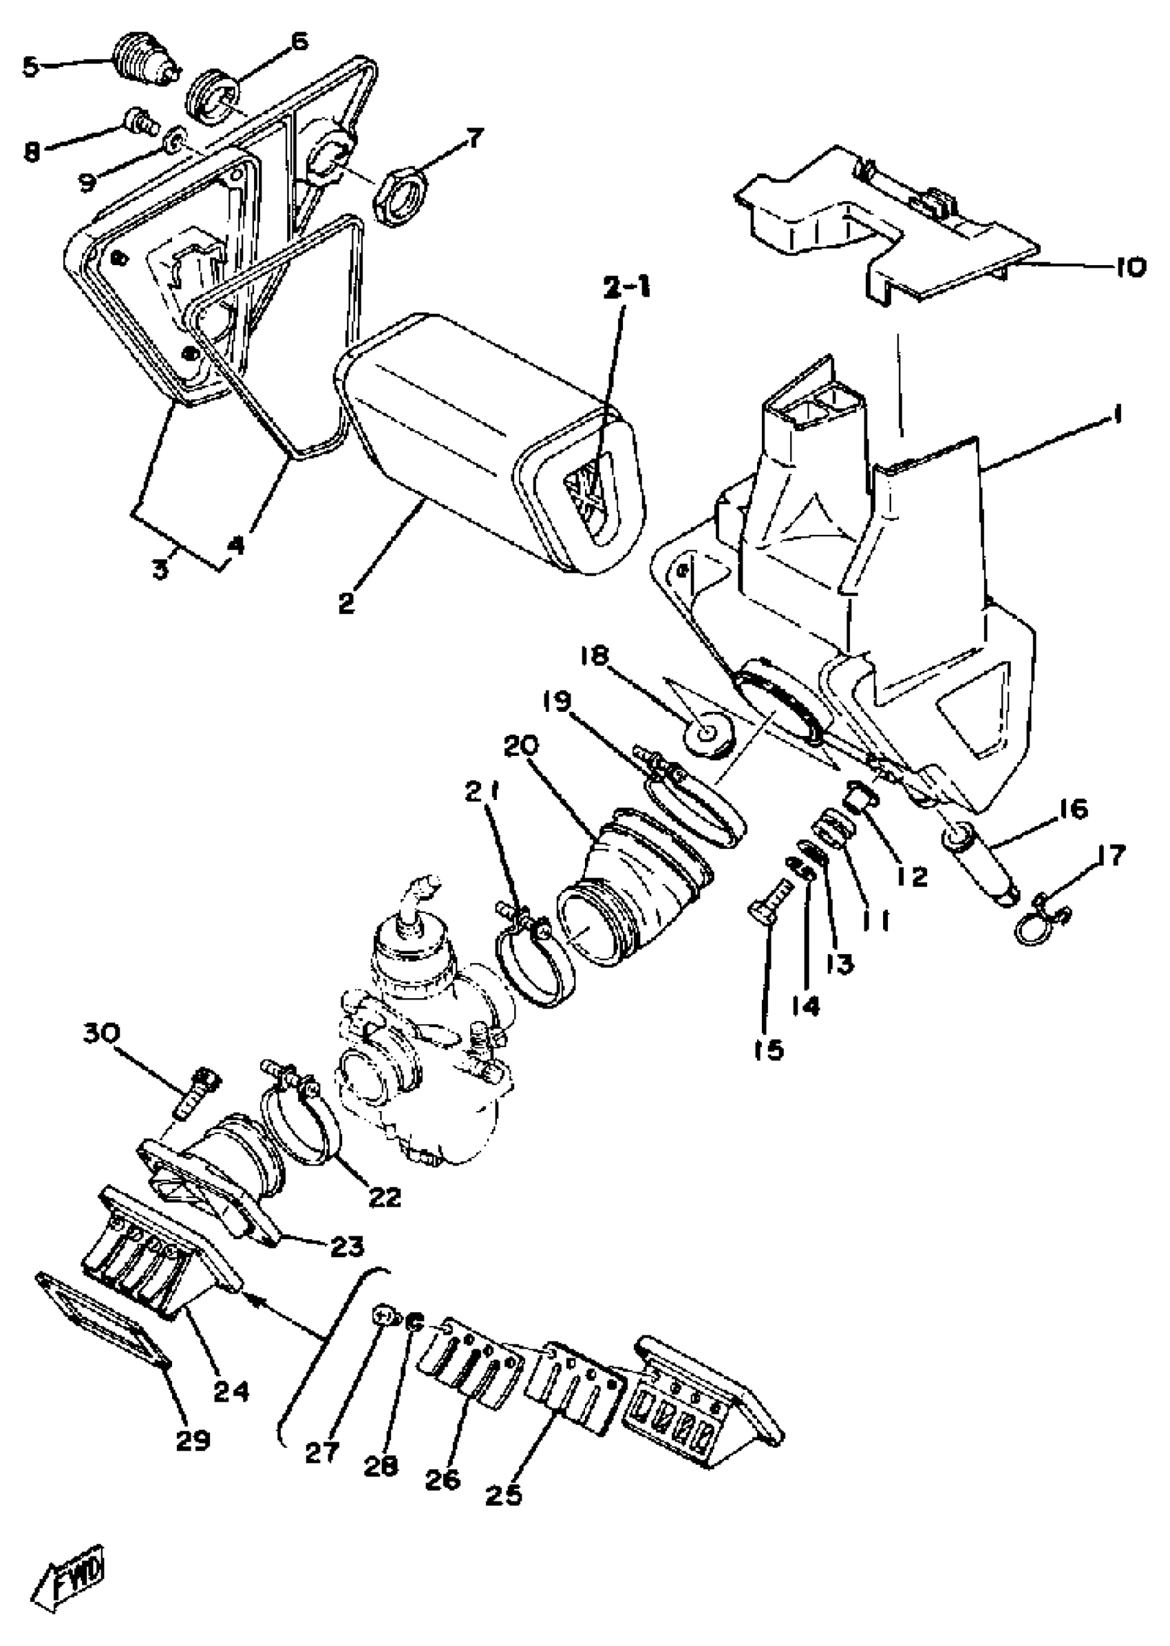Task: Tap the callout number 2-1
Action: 626,288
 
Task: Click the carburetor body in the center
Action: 418,1045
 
